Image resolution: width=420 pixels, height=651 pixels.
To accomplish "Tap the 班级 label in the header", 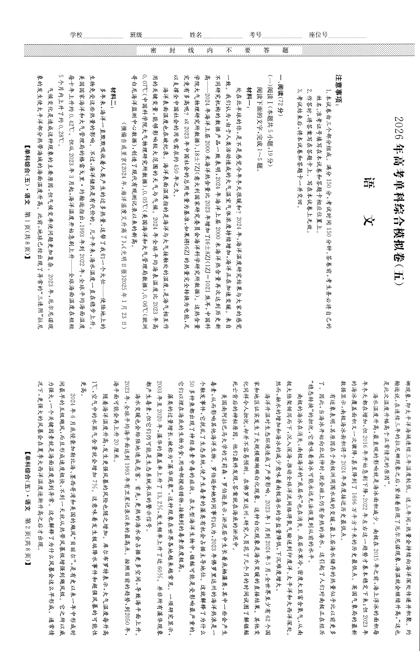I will point(136,35).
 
